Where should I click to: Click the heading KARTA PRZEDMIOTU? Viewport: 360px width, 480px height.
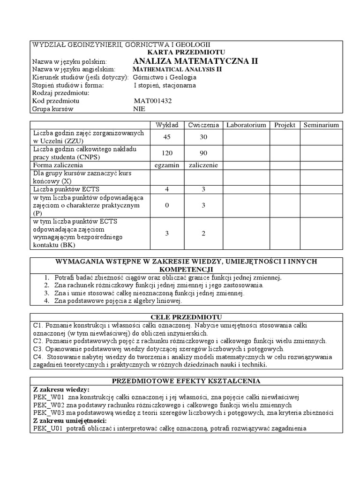pos(187,52)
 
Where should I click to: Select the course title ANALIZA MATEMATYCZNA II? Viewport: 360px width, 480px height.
pos(195,61)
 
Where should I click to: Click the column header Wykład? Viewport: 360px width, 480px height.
pos(167,125)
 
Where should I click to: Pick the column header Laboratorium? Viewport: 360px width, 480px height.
pos(246,125)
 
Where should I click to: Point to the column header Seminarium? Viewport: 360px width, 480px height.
pos(321,125)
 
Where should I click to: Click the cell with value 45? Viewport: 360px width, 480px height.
pos(167,137)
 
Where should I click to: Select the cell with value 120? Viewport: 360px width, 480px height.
pos(167,153)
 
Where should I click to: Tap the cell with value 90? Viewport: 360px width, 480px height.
pos(204,153)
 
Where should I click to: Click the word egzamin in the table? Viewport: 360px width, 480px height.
pos(167,165)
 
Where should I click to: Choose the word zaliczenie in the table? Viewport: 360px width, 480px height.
pos(204,165)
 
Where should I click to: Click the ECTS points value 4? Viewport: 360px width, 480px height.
pos(167,189)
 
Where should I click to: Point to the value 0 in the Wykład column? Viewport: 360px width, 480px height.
pos(167,205)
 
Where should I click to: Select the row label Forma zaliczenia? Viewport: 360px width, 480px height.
pos(58,165)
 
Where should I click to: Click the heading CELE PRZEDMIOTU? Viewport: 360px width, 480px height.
pos(187,317)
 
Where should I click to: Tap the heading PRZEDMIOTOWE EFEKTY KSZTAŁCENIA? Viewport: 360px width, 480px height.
pos(187,380)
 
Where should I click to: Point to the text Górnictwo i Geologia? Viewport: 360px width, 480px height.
pos(165,77)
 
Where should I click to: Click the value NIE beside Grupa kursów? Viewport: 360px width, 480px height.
pos(140,109)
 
